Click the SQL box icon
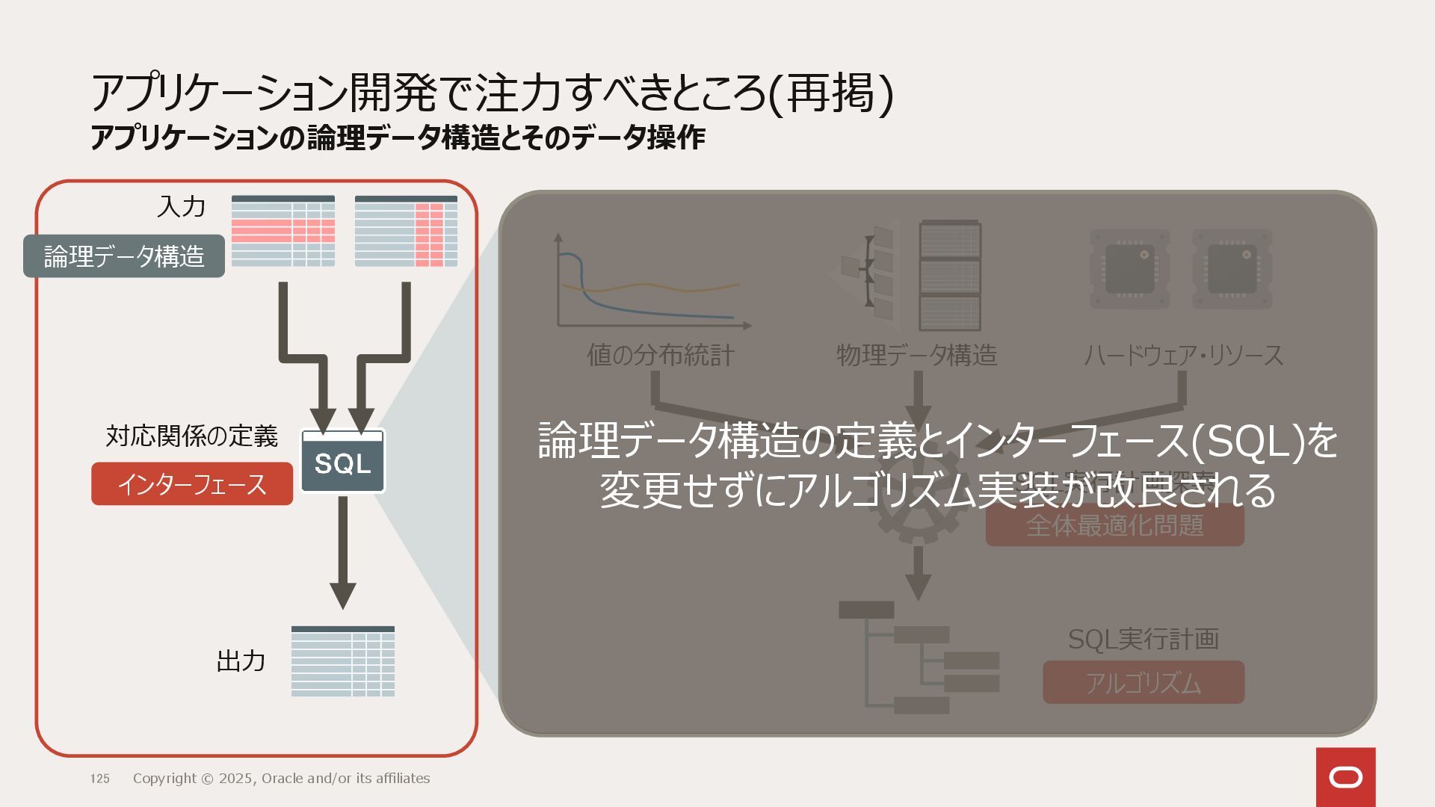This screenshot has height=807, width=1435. (343, 461)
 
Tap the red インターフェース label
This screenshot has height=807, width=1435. (192, 484)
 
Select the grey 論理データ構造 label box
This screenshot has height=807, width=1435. (124, 256)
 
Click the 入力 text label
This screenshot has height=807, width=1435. (181, 206)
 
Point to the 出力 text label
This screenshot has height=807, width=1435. (241, 661)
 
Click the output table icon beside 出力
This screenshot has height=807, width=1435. (343, 661)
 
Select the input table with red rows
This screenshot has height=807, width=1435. (283, 231)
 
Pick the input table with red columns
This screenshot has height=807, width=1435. (406, 231)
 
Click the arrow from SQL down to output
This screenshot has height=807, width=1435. (343, 553)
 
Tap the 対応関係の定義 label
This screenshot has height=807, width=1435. (191, 436)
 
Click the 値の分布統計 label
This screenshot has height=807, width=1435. (661, 355)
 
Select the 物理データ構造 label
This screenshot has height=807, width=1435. (916, 355)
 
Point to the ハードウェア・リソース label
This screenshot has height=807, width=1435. (1183, 355)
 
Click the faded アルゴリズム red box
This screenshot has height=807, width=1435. (1144, 683)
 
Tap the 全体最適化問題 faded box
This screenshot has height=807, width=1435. (1114, 525)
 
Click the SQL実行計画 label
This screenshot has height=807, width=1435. (1143, 639)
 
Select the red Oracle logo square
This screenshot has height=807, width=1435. (1345, 777)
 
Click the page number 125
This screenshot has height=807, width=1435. (100, 779)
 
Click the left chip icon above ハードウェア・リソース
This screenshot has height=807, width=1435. (1129, 269)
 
